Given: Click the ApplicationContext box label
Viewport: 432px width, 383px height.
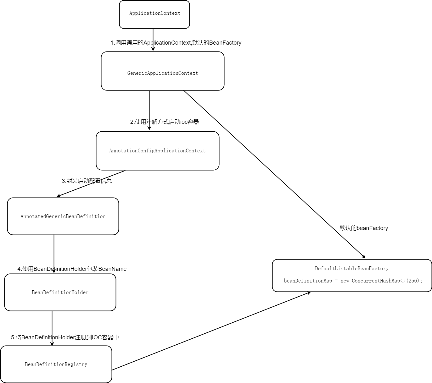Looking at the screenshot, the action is tap(154, 13).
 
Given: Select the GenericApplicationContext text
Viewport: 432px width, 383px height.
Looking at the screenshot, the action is tap(162, 73).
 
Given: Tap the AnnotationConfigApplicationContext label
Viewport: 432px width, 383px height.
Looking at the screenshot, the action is tap(157, 151).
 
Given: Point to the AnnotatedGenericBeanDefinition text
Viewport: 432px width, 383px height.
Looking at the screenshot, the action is tap(63, 216).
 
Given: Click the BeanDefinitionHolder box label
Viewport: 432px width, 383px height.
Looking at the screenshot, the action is tap(60, 292).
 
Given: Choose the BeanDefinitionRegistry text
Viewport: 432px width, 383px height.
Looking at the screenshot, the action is tap(56, 364).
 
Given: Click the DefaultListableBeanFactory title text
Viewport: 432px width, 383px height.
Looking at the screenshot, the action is tap(352, 268).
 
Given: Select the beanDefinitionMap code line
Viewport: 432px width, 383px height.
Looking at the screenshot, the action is tap(353, 281).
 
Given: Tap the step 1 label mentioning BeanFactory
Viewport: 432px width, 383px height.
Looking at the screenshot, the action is tap(176, 43).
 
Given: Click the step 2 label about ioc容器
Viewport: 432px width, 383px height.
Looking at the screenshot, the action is tap(165, 122).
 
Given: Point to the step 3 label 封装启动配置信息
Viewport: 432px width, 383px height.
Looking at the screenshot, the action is tap(87, 181).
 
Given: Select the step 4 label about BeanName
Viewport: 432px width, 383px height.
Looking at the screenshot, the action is tap(72, 269).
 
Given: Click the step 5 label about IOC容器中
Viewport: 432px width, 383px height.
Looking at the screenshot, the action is tap(65, 337).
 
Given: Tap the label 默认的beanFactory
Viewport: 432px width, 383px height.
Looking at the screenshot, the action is tap(364, 228).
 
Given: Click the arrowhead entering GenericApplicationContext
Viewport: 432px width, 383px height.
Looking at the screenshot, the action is tap(153, 49).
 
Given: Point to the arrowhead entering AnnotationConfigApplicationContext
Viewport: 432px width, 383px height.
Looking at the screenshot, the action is tap(149, 128).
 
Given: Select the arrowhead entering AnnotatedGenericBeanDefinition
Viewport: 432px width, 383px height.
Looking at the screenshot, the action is tap(59, 196).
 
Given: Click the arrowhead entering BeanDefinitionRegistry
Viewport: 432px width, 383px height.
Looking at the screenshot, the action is tap(52, 344).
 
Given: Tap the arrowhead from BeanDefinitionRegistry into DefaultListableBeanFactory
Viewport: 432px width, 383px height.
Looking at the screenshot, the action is tap(309, 293).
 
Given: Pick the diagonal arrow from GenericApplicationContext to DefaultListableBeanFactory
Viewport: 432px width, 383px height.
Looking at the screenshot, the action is tap(275, 174).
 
